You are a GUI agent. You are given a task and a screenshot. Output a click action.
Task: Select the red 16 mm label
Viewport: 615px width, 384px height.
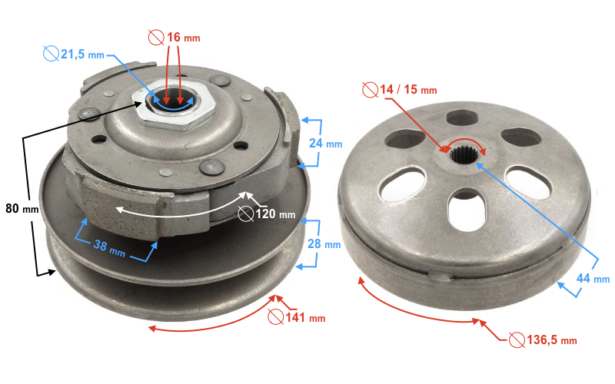click(x=181, y=36)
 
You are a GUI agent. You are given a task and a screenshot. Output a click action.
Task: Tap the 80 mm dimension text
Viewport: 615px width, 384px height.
click(x=22, y=208)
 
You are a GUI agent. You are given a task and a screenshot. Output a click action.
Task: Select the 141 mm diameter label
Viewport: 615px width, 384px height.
click(x=304, y=317)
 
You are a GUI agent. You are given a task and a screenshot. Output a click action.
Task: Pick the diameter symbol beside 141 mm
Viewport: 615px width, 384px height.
click(x=274, y=316)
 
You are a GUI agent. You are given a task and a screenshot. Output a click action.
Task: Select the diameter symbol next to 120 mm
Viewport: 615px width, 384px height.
click(x=246, y=214)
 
